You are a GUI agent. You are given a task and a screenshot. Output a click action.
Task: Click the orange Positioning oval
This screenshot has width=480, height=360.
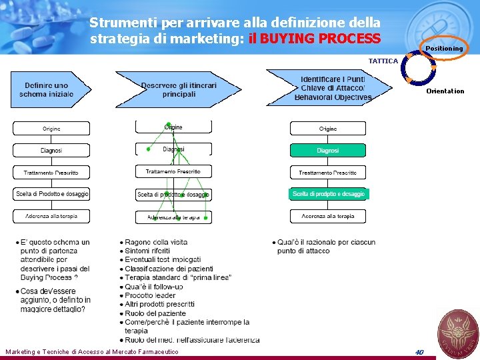click(x=443, y=48)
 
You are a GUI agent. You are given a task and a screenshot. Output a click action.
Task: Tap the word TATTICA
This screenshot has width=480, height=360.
click(x=383, y=61)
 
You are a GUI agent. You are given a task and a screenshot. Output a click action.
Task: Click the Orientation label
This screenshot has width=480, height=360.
click(x=445, y=91)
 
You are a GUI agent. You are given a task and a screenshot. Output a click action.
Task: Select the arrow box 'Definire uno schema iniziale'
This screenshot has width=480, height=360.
click(x=47, y=89)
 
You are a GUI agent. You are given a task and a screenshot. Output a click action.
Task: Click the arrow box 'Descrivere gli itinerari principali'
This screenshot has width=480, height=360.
click(x=178, y=89)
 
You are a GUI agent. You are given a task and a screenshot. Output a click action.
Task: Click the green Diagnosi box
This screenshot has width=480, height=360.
click(x=327, y=151)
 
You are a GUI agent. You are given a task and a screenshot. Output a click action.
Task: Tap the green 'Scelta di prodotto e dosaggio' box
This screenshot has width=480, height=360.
click(x=328, y=194)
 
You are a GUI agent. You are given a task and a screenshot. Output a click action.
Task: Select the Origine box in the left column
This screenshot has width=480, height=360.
click(x=51, y=129)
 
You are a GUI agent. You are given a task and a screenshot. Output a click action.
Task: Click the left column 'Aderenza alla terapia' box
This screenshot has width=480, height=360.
click(x=51, y=216)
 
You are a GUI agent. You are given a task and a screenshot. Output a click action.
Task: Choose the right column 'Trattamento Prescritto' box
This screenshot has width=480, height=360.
click(x=327, y=173)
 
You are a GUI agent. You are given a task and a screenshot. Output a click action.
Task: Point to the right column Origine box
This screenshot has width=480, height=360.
click(x=327, y=129)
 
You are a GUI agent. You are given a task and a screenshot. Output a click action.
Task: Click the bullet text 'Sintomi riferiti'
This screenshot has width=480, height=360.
click(x=147, y=251)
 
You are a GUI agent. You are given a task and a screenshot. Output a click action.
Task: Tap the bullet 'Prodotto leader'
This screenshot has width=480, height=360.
click(x=150, y=295)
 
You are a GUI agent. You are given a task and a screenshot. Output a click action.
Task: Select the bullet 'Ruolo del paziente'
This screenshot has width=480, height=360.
click(x=155, y=313)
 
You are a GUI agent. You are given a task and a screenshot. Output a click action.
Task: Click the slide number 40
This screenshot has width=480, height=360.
click(x=419, y=351)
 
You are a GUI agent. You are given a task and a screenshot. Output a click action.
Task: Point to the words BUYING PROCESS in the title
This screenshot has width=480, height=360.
click(x=320, y=38)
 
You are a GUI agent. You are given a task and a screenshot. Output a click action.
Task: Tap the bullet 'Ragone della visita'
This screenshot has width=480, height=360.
click(x=156, y=242)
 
